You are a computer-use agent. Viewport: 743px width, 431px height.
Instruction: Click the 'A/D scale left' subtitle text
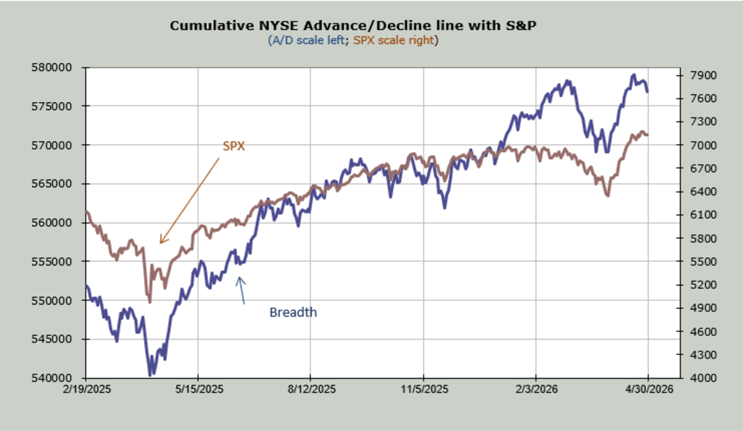309,40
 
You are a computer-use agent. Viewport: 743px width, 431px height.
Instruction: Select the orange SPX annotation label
234,146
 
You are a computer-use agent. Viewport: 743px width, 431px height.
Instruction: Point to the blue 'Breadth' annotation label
293,312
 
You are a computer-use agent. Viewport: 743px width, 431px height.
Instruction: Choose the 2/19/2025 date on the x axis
86,389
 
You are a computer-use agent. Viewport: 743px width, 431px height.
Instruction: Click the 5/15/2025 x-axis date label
198,389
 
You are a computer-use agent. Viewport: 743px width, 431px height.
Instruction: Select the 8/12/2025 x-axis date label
310,389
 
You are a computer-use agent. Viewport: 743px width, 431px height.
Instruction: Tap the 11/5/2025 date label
423,389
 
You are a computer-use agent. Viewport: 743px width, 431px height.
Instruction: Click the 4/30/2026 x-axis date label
648,389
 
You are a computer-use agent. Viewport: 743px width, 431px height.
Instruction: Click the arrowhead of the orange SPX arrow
160,243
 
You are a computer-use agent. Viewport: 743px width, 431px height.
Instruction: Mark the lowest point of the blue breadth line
151,375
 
